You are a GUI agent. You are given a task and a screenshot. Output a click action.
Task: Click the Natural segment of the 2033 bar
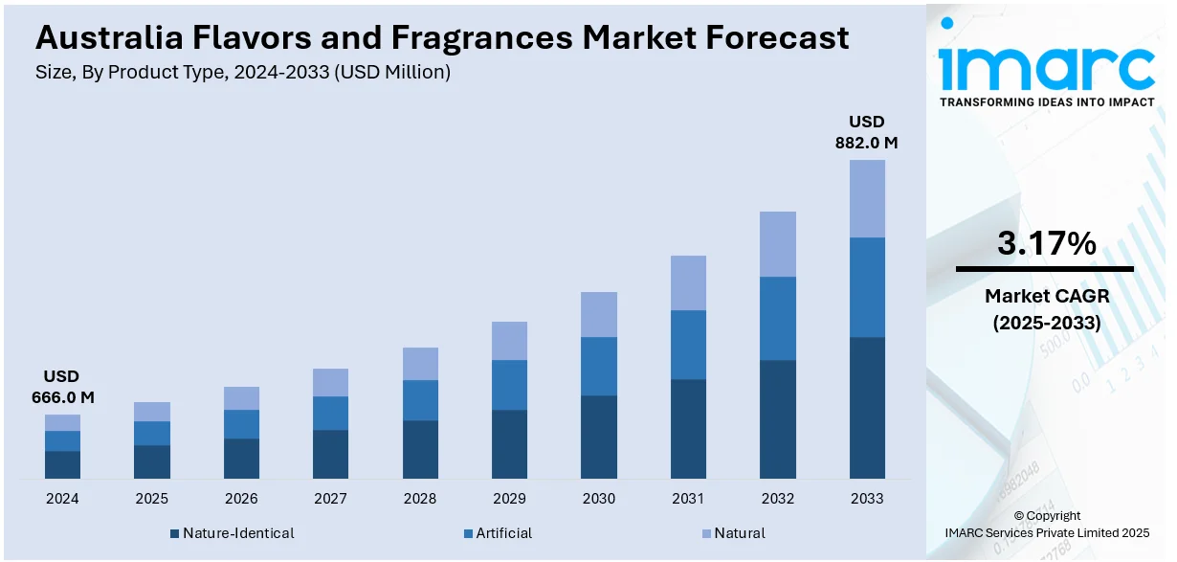click(x=867, y=198)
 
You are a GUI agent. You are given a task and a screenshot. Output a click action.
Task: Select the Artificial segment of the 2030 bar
click(x=599, y=366)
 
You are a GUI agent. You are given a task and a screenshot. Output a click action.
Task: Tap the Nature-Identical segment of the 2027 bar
click(x=330, y=454)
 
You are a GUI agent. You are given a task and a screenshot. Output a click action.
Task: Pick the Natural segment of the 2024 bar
click(x=62, y=422)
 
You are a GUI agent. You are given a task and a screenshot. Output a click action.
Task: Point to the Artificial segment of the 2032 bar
click(x=778, y=318)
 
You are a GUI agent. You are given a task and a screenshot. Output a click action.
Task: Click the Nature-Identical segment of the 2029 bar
click(x=509, y=444)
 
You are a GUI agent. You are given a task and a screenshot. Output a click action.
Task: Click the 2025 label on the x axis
click(x=151, y=499)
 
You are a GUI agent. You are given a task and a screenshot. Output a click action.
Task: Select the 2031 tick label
click(x=688, y=499)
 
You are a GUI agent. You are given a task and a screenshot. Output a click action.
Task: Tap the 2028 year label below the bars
click(x=420, y=499)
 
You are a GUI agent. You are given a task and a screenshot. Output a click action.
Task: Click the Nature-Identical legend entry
click(x=232, y=533)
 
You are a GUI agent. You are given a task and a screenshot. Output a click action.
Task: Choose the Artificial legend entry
click(x=497, y=533)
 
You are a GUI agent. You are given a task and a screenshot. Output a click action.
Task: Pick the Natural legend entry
click(x=733, y=533)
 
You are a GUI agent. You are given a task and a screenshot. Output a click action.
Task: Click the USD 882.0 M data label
click(x=867, y=132)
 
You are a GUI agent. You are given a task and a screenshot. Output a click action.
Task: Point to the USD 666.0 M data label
click(x=62, y=387)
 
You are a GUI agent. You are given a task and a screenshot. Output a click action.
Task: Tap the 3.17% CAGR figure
click(x=1046, y=244)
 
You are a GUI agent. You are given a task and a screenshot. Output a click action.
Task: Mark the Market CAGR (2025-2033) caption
click(x=1046, y=309)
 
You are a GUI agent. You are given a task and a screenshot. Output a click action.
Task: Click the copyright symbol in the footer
click(x=1019, y=516)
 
